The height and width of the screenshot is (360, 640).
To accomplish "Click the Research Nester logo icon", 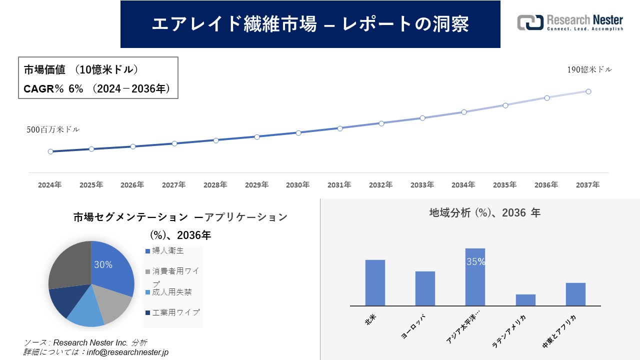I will (530, 22).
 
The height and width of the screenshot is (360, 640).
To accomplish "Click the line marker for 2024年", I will (50, 151).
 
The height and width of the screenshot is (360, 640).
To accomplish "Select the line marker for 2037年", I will (588, 91).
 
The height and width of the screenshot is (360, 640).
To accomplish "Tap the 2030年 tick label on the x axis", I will (298, 185).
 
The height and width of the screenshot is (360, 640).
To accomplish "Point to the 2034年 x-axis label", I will (463, 185).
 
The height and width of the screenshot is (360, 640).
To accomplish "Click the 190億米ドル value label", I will (589, 70).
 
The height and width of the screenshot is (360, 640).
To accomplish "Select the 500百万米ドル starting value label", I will (53, 129).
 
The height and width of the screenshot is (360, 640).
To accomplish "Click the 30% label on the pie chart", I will (103, 265).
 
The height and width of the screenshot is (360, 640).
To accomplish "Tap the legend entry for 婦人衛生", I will (165, 251).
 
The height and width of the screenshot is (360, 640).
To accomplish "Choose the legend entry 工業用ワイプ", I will (172, 312).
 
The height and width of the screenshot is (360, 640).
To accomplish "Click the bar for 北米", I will (375, 282).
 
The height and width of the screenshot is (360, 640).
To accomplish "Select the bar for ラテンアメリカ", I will (525, 300).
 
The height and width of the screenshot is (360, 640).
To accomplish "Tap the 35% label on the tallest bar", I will (475, 261).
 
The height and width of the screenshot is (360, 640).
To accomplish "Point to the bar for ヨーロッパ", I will (425, 288).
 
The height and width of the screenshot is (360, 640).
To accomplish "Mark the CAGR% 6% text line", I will (97, 89).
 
